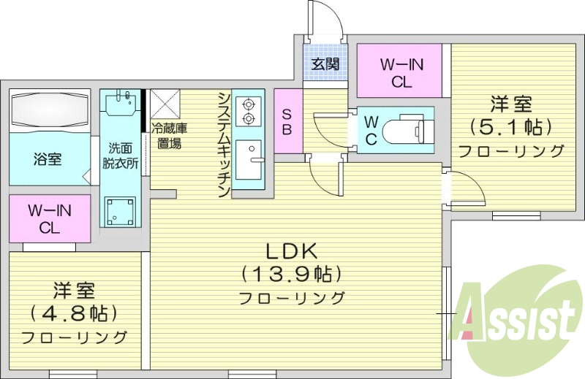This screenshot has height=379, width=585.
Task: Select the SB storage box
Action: [287, 122]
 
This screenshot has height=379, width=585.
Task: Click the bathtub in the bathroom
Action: [50, 110]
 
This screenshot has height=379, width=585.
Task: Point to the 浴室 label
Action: [48, 159]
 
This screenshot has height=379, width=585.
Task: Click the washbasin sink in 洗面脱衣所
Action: [121, 103]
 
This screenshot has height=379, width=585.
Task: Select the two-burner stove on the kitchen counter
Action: [249, 110]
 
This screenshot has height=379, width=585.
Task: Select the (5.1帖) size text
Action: [510, 127]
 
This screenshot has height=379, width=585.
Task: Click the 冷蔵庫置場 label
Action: [170, 136]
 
